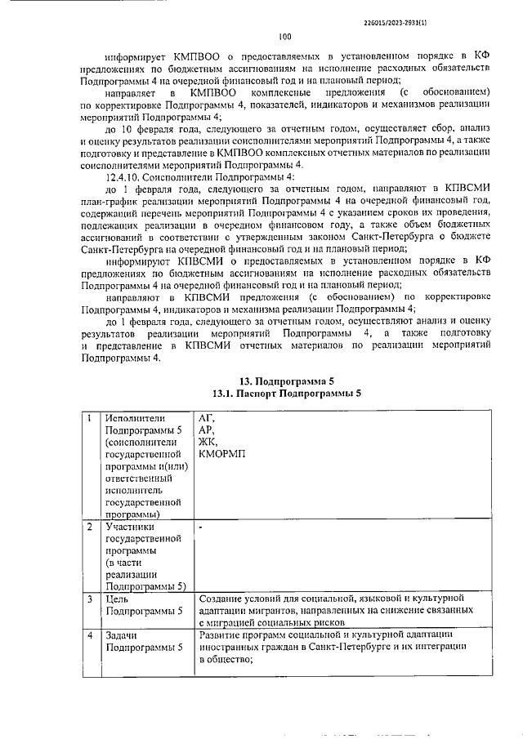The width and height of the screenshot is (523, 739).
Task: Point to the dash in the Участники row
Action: pyautogui.click(x=201, y=528)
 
